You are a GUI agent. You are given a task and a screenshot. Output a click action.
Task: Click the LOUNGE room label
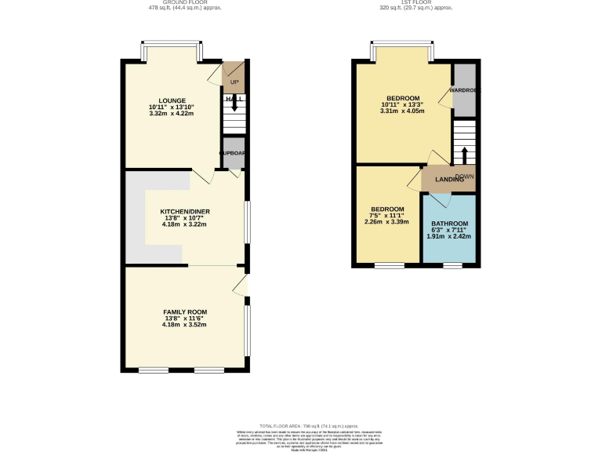[171, 100]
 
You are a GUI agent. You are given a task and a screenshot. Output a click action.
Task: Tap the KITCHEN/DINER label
[185, 212]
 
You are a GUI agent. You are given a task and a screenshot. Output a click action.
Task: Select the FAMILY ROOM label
[185, 312]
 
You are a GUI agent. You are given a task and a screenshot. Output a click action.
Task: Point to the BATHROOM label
[449, 224]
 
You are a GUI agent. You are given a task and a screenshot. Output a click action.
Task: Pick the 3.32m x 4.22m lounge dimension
[171, 114]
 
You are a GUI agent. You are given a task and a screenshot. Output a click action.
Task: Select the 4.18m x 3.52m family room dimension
[185, 325]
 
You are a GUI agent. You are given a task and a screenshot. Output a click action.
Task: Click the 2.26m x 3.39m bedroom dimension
[387, 222]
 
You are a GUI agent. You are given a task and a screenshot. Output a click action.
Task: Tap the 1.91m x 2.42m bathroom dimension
[449, 236]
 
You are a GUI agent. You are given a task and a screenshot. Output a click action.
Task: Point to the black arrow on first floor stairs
[463, 153]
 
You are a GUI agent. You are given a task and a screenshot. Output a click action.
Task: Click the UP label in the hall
[234, 82]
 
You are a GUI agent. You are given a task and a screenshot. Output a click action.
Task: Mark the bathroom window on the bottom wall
[452, 265]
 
